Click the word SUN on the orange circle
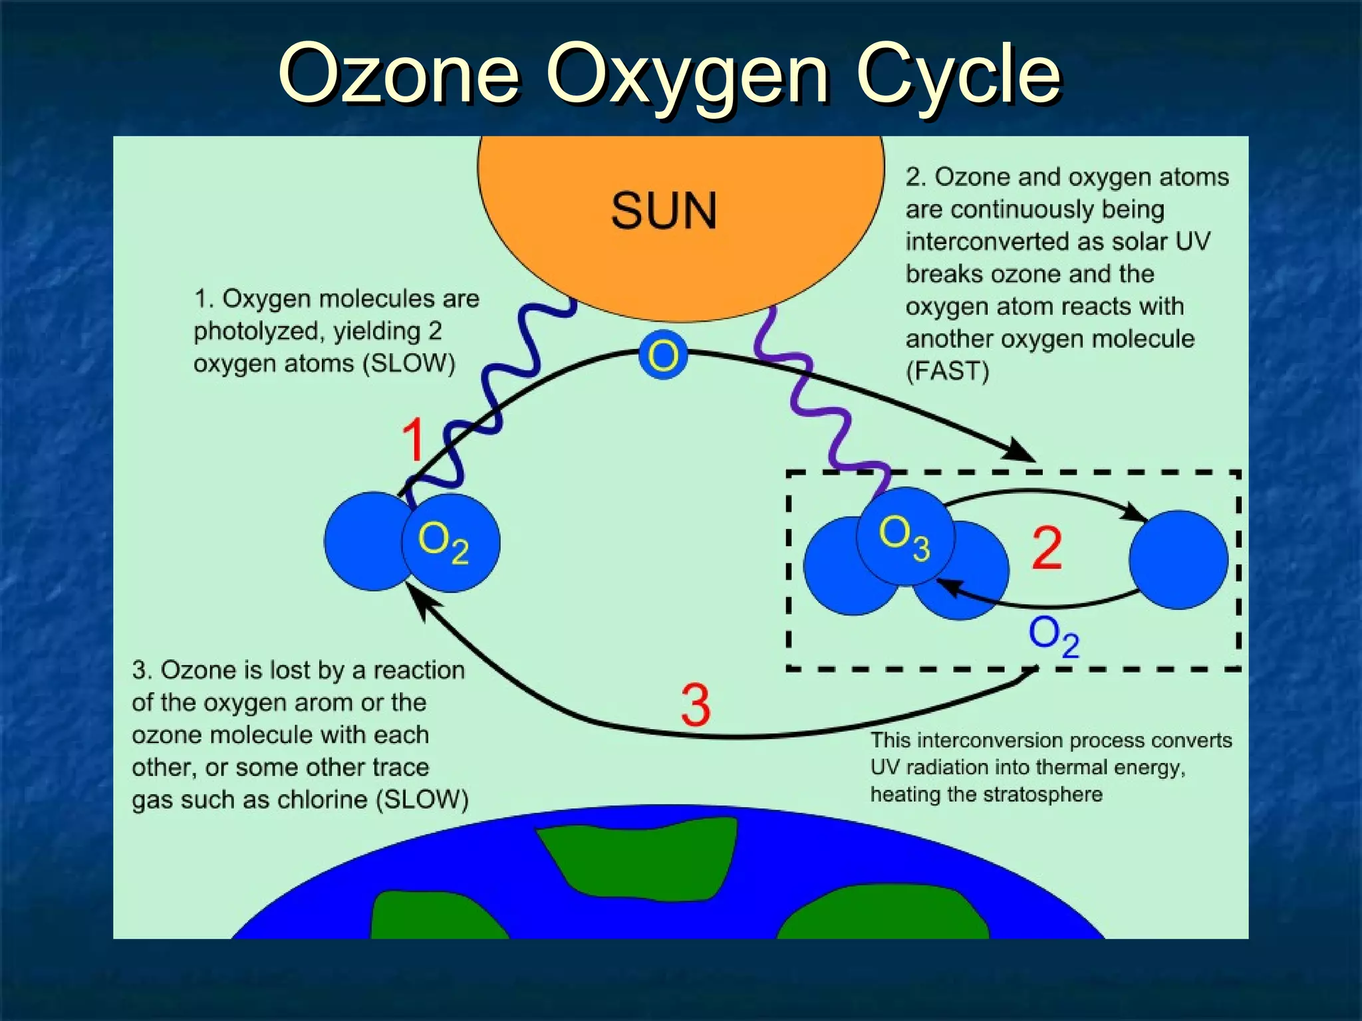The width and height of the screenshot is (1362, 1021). click(664, 211)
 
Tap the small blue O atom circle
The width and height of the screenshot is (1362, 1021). click(663, 355)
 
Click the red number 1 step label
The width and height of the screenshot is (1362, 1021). click(414, 439)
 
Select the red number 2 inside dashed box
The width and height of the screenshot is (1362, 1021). click(1047, 548)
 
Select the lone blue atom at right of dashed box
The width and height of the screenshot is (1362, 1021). click(1178, 560)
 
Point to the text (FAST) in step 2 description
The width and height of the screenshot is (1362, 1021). click(948, 371)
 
